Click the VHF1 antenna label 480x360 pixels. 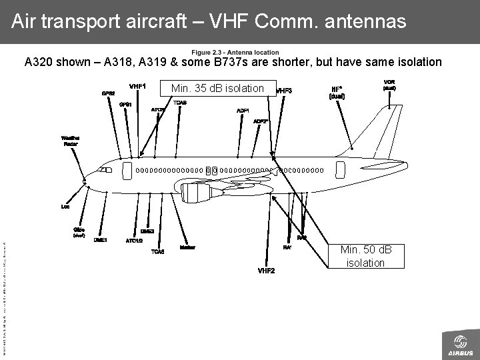click(x=138, y=86)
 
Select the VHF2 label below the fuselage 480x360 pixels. click(x=266, y=270)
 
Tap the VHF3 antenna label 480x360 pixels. click(x=284, y=91)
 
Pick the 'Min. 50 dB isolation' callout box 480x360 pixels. click(x=365, y=256)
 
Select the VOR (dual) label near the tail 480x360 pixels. click(x=390, y=85)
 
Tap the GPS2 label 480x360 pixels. click(x=108, y=93)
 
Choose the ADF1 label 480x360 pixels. click(x=243, y=110)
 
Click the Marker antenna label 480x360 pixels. click(x=187, y=247)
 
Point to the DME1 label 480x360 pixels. click(x=101, y=239)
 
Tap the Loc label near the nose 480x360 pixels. click(x=65, y=206)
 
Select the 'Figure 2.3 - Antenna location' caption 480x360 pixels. click(x=235, y=53)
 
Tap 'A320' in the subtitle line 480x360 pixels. click(x=39, y=63)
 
